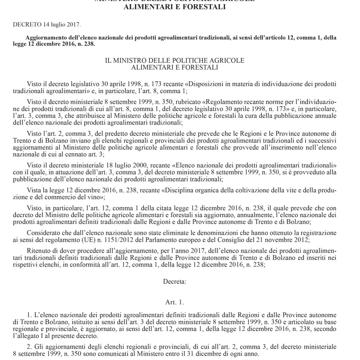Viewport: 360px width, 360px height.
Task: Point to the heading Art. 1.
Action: click(x=174, y=302)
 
